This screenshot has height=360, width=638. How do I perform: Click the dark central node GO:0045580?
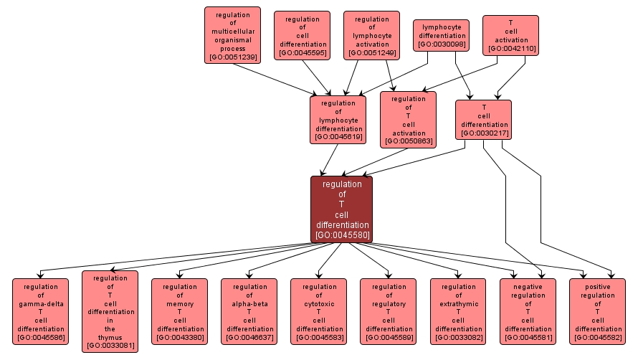click(341, 209)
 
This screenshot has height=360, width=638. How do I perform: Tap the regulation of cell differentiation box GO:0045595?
click(302, 35)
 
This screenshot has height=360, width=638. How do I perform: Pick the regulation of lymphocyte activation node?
click(371, 35)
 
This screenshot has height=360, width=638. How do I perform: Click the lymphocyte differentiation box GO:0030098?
click(441, 35)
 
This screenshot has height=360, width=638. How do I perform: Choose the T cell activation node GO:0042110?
click(510, 35)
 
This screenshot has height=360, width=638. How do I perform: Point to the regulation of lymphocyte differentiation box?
click(338, 120)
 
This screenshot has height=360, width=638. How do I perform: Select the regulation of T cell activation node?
click(408, 120)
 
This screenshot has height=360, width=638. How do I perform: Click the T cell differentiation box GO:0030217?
click(483, 119)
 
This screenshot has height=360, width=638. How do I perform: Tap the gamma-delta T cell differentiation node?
click(40, 311)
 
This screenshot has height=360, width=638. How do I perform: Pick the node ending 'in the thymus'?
click(110, 311)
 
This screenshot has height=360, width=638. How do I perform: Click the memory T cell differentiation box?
click(179, 311)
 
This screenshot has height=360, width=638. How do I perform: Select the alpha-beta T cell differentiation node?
click(249, 311)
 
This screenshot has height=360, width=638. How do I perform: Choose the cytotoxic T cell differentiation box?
click(318, 311)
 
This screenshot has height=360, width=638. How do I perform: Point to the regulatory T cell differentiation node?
click(388, 311)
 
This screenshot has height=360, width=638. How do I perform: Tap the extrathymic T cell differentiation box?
click(457, 311)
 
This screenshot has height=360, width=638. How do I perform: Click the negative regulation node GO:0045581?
click(527, 311)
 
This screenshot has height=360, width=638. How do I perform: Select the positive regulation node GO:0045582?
click(596, 311)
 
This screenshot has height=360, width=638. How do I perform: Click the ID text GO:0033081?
click(110, 346)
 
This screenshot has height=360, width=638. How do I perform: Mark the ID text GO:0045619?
click(338, 137)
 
